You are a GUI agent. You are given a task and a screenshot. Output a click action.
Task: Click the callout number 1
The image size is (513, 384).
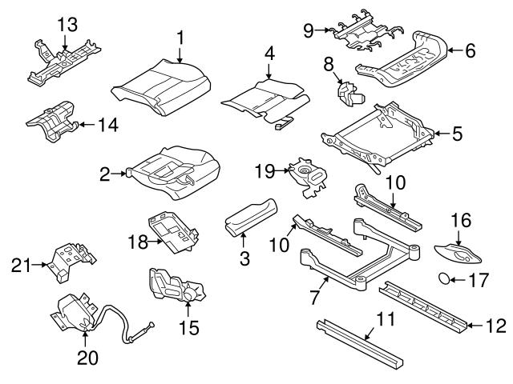coord(180,36)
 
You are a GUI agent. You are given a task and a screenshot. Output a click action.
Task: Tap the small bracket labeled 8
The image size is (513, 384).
coord(349,94)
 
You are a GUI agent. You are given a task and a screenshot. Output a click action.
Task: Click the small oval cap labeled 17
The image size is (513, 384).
coord(442,279)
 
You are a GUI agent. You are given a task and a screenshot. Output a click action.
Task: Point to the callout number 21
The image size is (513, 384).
coord(22,263)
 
